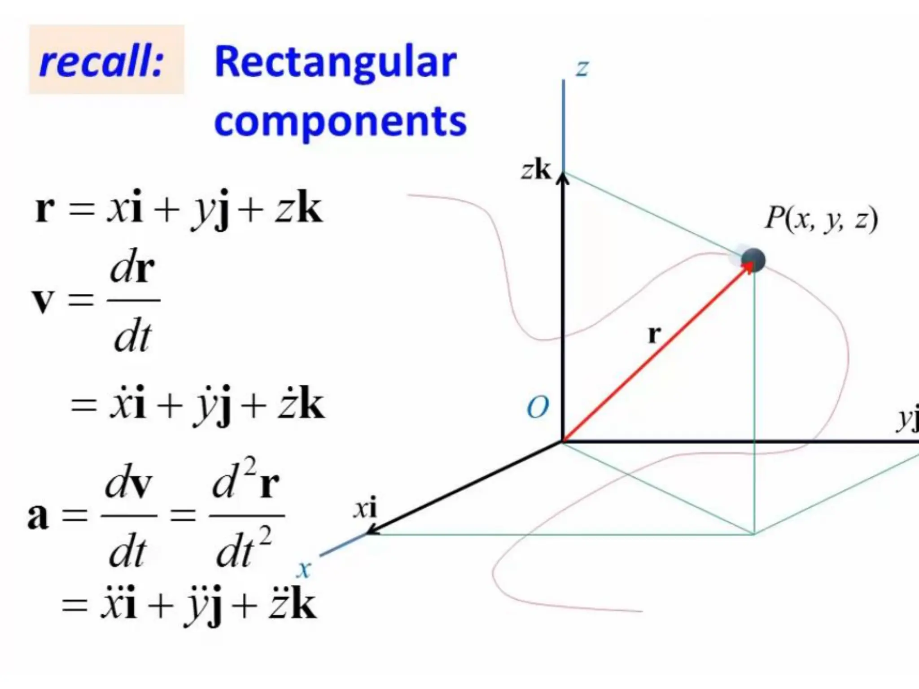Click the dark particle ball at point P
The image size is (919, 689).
coord(753,260)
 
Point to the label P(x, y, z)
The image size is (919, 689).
coord(821,219)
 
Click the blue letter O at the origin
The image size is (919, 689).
coord(538,407)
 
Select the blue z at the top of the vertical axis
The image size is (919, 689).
coord(582,69)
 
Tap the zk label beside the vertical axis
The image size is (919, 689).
coord(536,170)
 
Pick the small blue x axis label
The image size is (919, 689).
coord(304,570)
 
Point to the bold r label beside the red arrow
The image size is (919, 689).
coord(654,334)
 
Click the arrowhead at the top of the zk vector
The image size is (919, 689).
coord(563,179)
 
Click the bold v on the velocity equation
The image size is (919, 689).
coord(43,300)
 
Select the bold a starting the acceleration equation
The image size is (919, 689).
coord(38,516)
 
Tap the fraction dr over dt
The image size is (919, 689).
coord(133,300)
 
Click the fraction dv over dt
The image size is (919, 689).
coord(129,516)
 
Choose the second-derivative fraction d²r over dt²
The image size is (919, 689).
coord(246,516)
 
